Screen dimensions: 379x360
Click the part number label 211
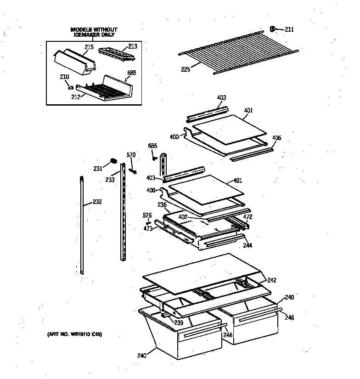[289, 30]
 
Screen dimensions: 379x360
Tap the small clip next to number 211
[273, 29]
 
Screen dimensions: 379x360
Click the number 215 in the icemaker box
[89, 47]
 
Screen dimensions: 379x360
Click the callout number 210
[64, 76]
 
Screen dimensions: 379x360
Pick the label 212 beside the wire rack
[76, 96]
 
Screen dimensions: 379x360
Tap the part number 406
[277, 138]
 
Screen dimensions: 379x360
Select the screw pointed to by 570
[134, 171]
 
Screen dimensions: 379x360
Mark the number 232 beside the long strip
[97, 202]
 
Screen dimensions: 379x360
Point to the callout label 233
[110, 180]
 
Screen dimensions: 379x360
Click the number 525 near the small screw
[147, 215]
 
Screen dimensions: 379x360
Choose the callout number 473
[148, 228]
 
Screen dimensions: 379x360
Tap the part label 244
[247, 246]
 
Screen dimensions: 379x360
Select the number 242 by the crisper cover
[272, 280]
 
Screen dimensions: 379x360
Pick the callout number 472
[247, 217]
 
